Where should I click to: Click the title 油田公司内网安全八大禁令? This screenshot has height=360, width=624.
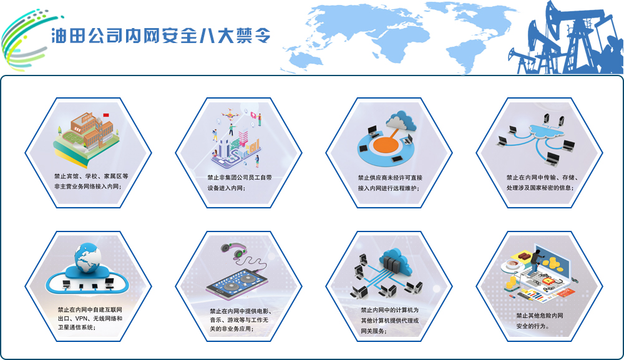pos(161,36)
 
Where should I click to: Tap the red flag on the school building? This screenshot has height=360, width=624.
pos(106,115)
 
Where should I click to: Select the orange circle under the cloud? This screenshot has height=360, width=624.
pos(386,145)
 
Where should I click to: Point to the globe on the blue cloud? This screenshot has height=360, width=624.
pos(87,258)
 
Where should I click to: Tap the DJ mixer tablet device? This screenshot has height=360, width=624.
pos(236,284)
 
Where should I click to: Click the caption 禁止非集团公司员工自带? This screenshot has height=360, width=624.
pos(239,177)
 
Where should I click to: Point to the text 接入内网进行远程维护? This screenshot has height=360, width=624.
pos(388,188)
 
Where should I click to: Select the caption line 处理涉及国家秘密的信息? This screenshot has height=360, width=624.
pos(540,188)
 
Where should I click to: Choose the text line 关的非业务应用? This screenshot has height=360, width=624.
pos(232,329)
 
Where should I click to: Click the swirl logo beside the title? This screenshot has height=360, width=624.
pos(28,40)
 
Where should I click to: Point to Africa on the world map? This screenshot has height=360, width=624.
pos(394,48)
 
